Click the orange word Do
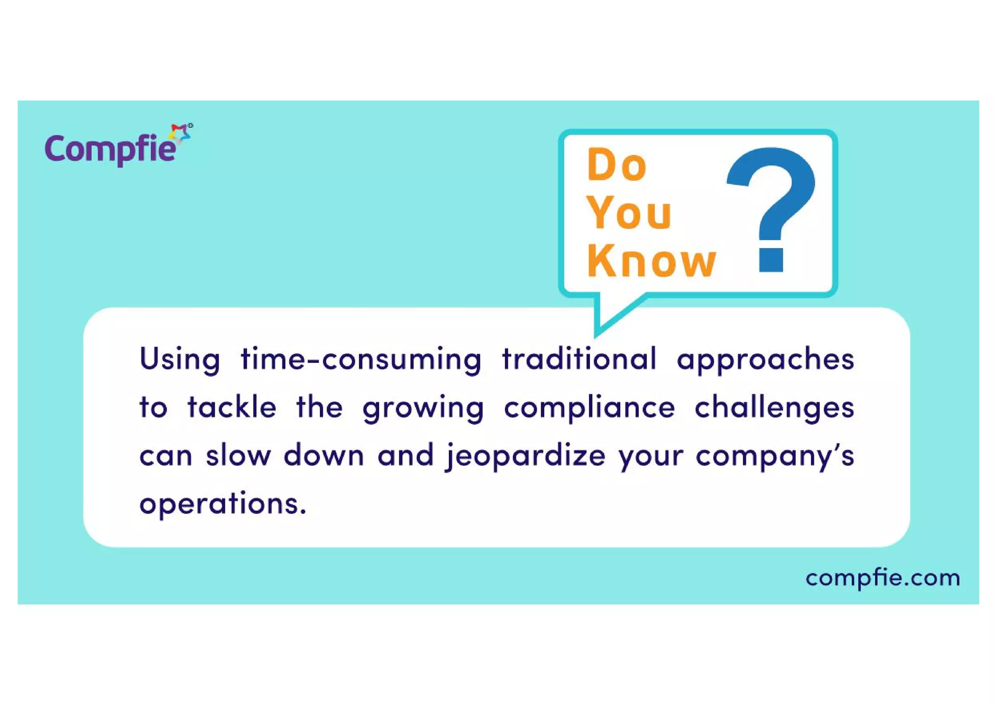616,165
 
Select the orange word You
629,213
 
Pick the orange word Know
651,261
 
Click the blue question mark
771,195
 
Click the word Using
180,360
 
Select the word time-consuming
361,360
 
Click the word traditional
579,359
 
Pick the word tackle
232,407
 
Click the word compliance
589,407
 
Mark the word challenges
774,407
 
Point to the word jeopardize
526,456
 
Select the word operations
222,504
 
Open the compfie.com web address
883,578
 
